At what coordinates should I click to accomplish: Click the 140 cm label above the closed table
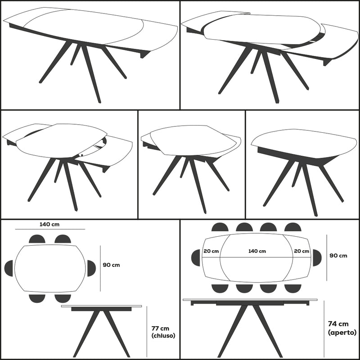click(x=49, y=224)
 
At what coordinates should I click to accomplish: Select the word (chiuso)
click(x=163, y=336)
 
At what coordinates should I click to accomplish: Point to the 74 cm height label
click(x=338, y=324)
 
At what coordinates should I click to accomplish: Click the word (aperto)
click(x=342, y=333)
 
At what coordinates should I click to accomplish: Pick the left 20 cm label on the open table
click(x=211, y=251)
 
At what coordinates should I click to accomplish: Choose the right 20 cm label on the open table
click(x=301, y=251)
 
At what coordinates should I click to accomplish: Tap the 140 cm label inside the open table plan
click(x=257, y=251)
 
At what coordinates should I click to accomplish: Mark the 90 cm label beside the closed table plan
click(x=111, y=265)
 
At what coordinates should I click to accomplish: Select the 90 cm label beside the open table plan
click(x=338, y=256)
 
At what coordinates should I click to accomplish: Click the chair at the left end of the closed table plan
click(x=9, y=268)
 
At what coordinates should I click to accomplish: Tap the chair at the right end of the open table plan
click(x=317, y=258)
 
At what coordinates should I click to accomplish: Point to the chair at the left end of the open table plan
click(x=196, y=258)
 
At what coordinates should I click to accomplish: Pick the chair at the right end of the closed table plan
click(x=91, y=268)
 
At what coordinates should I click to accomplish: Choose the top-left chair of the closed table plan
click(x=37, y=239)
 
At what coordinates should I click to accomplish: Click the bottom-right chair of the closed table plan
click(x=63, y=298)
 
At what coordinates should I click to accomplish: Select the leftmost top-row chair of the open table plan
click(x=220, y=227)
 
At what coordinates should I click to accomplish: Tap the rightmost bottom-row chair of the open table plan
click(x=293, y=288)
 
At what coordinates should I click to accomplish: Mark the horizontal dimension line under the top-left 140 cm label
click(x=50, y=229)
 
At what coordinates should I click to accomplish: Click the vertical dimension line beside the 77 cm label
click(x=147, y=332)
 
